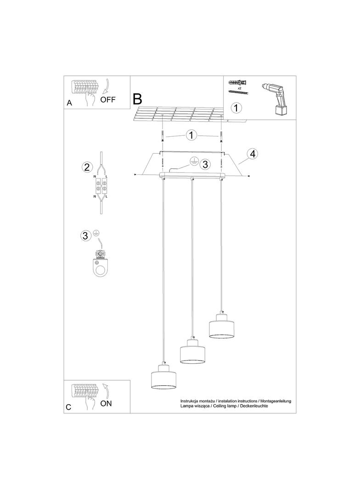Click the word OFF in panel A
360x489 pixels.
tap(108, 99)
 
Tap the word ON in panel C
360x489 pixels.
tap(106, 403)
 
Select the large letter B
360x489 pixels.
tap(138, 99)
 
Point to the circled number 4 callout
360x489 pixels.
tap(252, 154)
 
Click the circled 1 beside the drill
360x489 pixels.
tap(236, 108)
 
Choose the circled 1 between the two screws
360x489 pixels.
tap(191, 135)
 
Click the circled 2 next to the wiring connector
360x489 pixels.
tap(86, 167)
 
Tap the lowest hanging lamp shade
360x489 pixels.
tap(163, 377)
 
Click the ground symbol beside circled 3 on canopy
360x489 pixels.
tap(194, 161)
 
